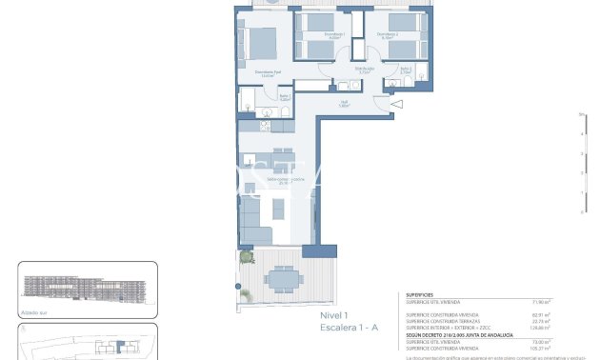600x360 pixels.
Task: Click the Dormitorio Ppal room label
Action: pyautogui.click(x=268, y=72)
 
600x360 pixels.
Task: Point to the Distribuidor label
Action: pyautogui.click(x=364, y=70)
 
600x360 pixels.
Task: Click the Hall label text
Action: pyautogui.click(x=345, y=103)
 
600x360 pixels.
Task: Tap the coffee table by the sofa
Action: pyautogui.click(x=280, y=208)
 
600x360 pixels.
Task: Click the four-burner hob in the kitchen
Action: pyautogui.click(x=247, y=126)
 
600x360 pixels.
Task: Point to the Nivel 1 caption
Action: pyautogui.click(x=334, y=315)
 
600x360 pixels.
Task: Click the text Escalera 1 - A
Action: pyautogui.click(x=349, y=327)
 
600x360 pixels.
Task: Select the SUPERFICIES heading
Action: pyautogui.click(x=420, y=295)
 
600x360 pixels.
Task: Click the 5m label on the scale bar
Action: pyautogui.click(x=580, y=114)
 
